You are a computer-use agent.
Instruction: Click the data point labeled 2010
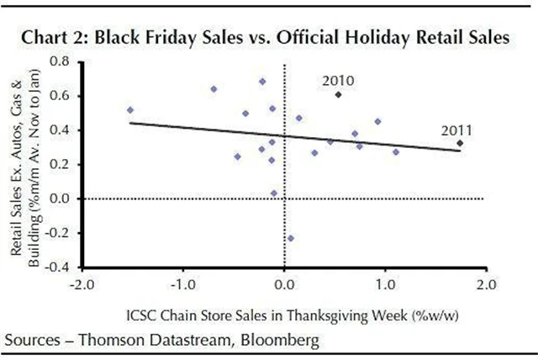click(338, 95)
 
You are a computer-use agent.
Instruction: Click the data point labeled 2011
click(460, 144)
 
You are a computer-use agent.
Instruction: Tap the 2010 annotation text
click(338, 81)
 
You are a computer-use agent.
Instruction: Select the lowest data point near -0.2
click(291, 238)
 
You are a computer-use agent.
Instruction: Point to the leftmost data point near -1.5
click(130, 110)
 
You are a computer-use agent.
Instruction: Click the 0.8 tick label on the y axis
click(60, 61)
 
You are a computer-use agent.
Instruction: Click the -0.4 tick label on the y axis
click(57, 267)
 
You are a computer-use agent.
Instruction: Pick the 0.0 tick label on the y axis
click(60, 199)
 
